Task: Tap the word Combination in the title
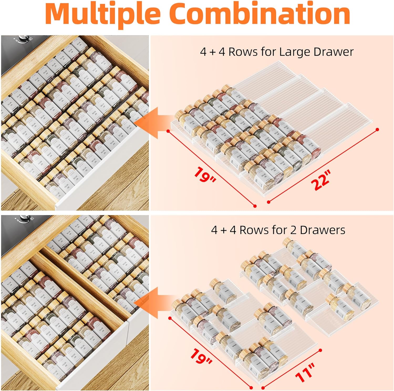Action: click(x=261, y=13)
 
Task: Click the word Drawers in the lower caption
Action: click(x=322, y=230)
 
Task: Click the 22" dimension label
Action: click(x=321, y=180)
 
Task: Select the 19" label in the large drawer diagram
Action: click(x=205, y=175)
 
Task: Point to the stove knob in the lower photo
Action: click(x=24, y=218)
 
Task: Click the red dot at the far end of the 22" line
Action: click(x=377, y=129)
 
